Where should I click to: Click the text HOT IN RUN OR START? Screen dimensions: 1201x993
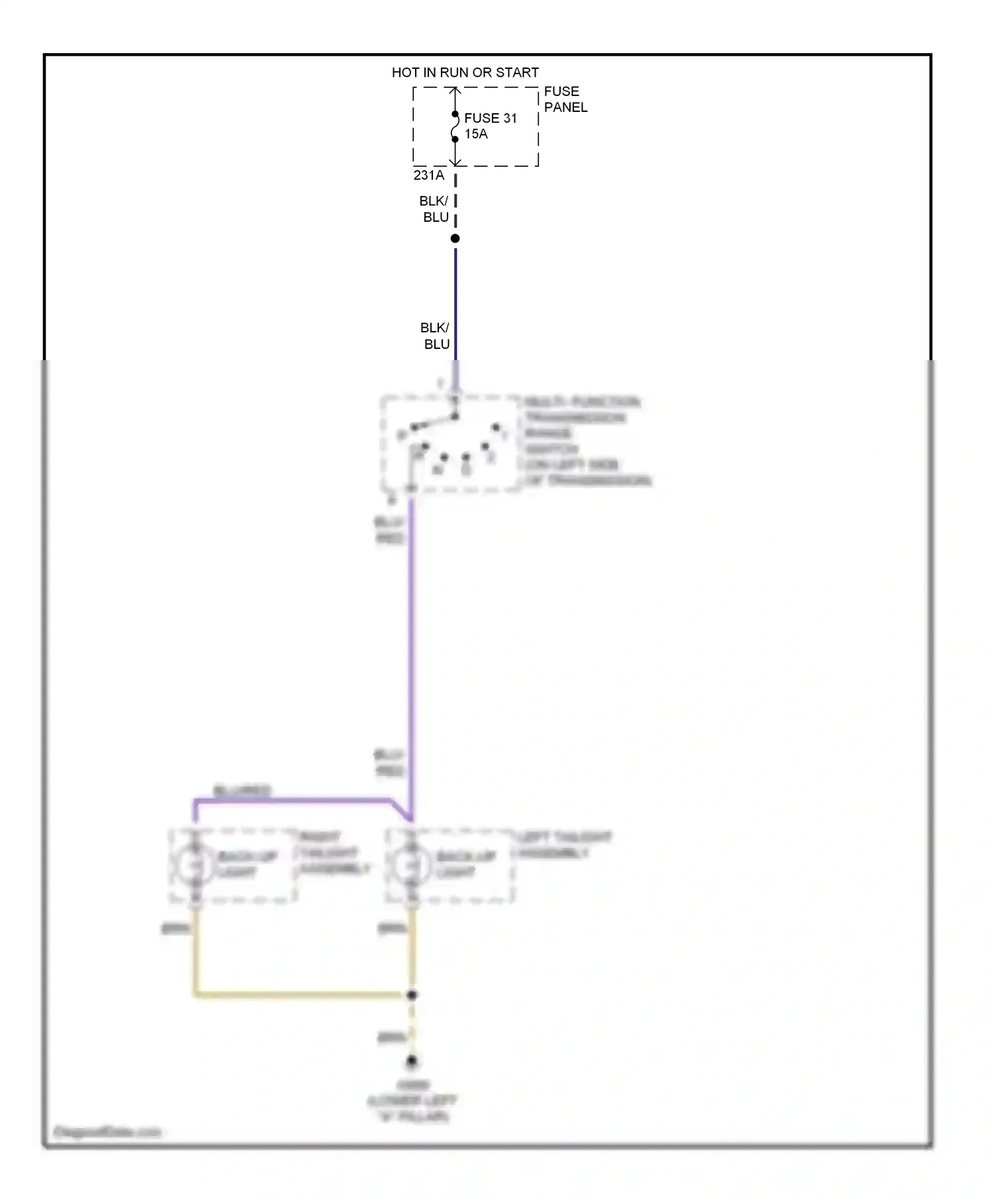[x=465, y=72]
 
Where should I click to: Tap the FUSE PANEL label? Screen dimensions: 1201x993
[x=565, y=99]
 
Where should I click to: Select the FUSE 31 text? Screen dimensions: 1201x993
[x=490, y=118]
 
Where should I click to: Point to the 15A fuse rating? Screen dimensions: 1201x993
[x=475, y=134]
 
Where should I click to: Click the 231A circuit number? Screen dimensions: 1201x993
[x=428, y=175]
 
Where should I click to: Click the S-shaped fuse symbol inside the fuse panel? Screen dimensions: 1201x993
[x=455, y=126]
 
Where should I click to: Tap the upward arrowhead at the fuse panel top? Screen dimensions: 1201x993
[x=455, y=91]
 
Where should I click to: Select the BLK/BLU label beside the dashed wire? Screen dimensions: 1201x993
[x=434, y=209]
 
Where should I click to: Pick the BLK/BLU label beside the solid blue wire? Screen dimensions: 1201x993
[x=436, y=336]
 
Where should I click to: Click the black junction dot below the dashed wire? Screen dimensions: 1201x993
[x=455, y=238]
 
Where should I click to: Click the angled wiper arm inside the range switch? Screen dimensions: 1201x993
[x=434, y=422]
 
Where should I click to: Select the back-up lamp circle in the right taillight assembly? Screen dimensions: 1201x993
[x=194, y=865]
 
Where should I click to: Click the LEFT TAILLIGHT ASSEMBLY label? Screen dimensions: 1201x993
[x=563, y=845]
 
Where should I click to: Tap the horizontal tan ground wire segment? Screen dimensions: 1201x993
[x=301, y=994]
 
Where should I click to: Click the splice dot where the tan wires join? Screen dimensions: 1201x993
[x=411, y=994]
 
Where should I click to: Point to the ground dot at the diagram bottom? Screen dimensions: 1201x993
[x=411, y=1061]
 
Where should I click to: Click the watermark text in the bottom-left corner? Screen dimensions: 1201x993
[x=107, y=1132]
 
